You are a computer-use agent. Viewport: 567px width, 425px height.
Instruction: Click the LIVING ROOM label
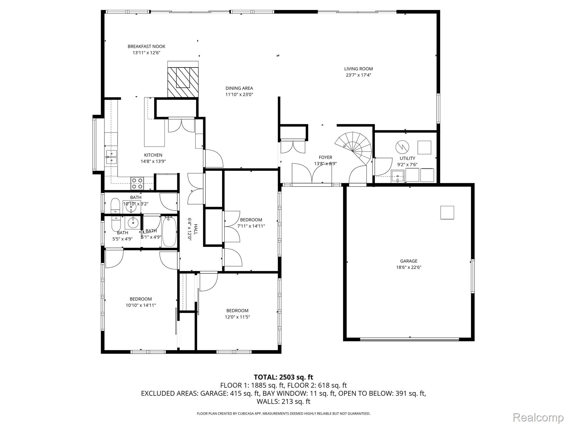pyautogui.click(x=358, y=69)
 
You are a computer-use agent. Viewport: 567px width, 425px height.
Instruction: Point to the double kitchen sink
pyautogui.click(x=111, y=157)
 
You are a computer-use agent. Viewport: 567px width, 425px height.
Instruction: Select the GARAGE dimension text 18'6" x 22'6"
pyautogui.click(x=408, y=267)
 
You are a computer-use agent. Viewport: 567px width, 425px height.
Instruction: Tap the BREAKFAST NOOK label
pyautogui.click(x=146, y=46)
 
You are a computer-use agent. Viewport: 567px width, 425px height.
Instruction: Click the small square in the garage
pyautogui.click(x=447, y=212)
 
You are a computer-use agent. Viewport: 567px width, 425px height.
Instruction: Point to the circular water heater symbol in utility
pyautogui.click(x=402, y=147)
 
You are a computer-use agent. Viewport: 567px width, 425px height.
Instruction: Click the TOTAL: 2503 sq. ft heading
pyautogui.click(x=283, y=377)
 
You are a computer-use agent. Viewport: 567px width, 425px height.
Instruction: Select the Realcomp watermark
pyautogui.click(x=538, y=417)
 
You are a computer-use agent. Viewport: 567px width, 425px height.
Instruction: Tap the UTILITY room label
pyautogui.click(x=407, y=158)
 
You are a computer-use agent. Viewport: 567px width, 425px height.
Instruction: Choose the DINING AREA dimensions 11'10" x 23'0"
pyautogui.click(x=239, y=94)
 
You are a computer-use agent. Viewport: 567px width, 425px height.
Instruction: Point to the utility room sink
pyautogui.click(x=398, y=176)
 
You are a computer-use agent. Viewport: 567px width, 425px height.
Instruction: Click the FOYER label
pyautogui.click(x=325, y=157)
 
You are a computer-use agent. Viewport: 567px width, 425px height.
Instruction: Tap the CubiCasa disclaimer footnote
pyautogui.click(x=283, y=414)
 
